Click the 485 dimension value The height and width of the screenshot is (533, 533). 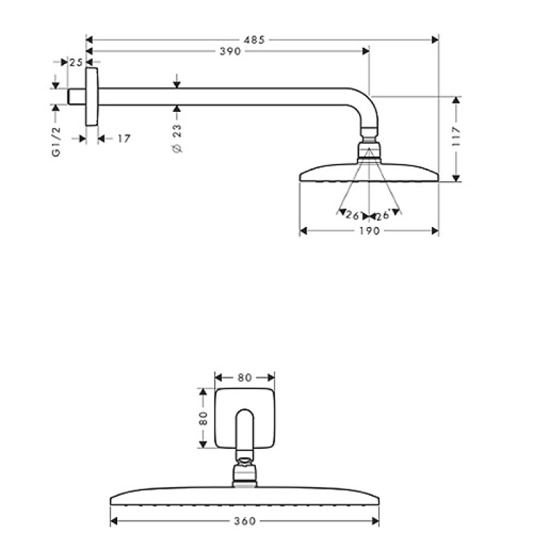click(x=254, y=40)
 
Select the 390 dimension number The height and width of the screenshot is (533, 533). click(x=231, y=51)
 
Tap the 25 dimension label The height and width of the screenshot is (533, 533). click(x=76, y=63)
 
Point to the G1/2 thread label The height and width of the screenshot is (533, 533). click(x=56, y=142)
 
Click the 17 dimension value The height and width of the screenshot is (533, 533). click(x=124, y=139)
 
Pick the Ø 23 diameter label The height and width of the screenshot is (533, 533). click(x=177, y=139)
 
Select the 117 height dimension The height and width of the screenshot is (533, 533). click(x=456, y=137)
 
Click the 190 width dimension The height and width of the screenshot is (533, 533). click(x=370, y=231)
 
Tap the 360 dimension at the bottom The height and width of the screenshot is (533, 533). click(x=245, y=521)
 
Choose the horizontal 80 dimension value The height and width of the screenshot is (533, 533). click(x=245, y=378)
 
